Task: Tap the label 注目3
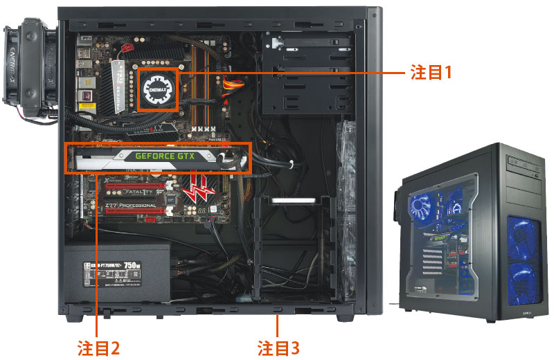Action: coord(278,347)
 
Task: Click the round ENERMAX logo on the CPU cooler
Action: coord(159,89)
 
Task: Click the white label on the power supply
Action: coord(118,273)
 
